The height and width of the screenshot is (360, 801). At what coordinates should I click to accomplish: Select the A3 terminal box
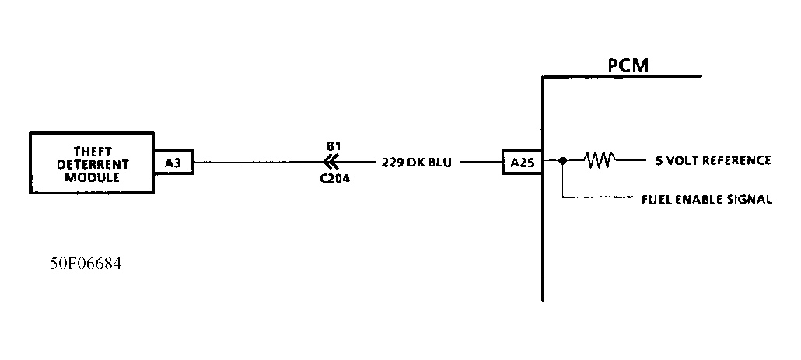coord(173,163)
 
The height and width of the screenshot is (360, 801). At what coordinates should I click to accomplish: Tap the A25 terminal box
coord(521,163)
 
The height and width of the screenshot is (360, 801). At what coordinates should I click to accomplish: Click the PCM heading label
coord(628,65)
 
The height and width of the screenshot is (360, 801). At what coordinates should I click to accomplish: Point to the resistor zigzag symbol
coord(600,161)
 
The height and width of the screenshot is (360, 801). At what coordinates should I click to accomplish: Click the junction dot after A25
coord(562,161)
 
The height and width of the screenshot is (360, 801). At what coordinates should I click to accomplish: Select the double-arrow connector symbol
coord(331,162)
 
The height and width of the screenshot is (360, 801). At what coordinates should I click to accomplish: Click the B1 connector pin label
coord(332,145)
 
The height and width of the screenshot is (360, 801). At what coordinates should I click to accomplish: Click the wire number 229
coord(392,163)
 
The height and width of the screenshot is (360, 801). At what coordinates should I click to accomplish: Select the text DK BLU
coord(432,163)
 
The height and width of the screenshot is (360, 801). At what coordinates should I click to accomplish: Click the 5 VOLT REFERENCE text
coord(713,161)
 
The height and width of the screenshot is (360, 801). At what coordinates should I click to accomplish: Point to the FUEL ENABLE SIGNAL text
coord(706,200)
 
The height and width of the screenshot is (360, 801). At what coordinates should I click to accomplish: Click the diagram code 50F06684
coord(86,264)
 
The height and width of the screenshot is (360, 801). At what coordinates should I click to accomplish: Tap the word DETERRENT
coord(92,164)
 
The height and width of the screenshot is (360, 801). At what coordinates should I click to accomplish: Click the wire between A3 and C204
coord(257,163)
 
